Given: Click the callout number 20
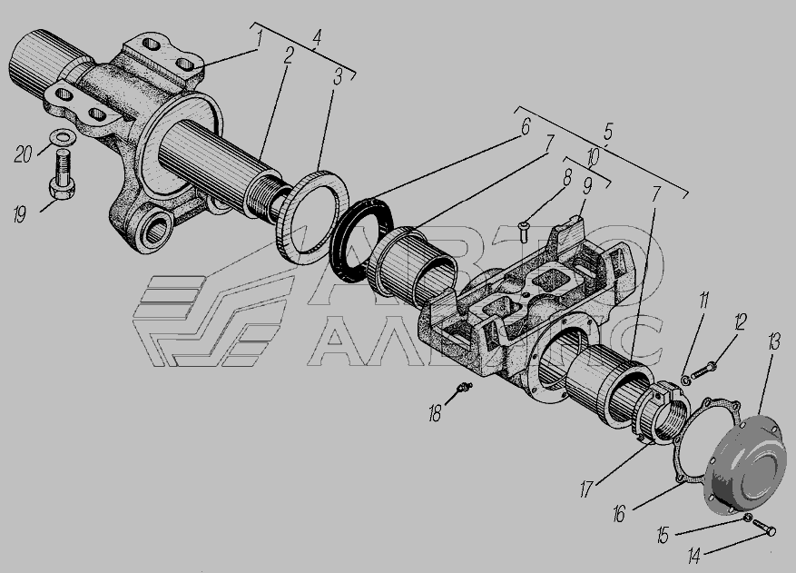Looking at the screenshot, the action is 23,153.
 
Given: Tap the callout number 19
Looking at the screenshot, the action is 19,215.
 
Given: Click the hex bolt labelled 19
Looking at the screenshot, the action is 62,175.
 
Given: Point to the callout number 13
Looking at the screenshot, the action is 773,341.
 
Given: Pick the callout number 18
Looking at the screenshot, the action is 435,413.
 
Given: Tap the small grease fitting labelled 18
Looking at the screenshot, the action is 463,389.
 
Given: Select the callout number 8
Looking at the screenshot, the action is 567,177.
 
